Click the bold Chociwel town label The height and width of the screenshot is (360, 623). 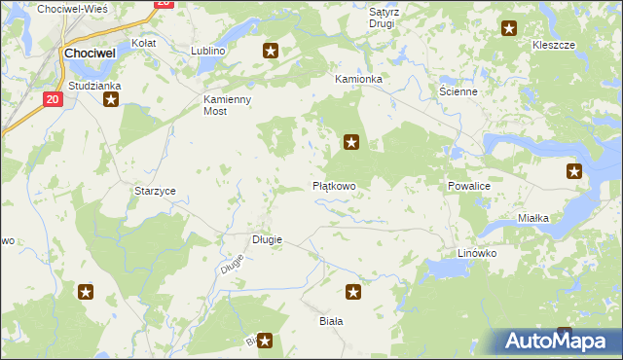(91, 54)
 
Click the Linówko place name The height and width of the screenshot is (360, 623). (477, 253)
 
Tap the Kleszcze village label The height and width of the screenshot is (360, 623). (554, 46)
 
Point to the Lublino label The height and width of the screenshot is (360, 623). (208, 50)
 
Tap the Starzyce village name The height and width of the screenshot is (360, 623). (155, 191)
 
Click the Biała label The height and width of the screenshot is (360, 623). (332, 320)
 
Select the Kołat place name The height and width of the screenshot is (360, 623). (144, 44)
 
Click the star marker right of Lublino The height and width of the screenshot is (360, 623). (271, 51)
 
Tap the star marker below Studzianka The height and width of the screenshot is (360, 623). (111, 98)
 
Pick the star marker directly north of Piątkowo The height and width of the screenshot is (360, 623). (352, 144)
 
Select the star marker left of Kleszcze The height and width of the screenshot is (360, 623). (508, 29)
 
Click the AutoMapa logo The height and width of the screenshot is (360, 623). (555, 341)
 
